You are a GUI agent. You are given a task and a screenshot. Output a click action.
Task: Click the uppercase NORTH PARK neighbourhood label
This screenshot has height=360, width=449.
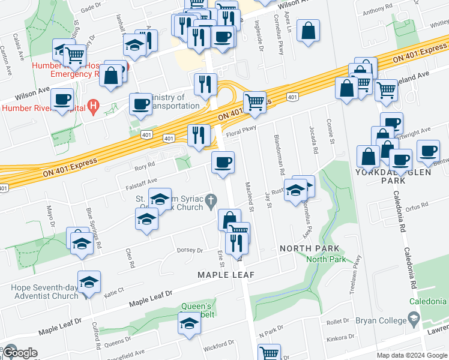pyautogui.click(x=310, y=248)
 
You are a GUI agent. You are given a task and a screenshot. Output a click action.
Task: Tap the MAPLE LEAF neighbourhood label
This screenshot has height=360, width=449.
pyautogui.click(x=227, y=275)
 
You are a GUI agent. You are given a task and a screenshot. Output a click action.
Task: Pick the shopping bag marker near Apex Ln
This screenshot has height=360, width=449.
pyautogui.click(x=308, y=32)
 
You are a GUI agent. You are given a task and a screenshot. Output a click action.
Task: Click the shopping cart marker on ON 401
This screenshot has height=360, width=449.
pyautogui.click(x=255, y=103)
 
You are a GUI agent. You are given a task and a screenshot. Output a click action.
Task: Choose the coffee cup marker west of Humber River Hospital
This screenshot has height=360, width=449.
pyautogui.click(x=61, y=100)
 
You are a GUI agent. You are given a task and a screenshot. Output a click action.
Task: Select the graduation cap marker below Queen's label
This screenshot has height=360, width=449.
pyautogui.click(x=190, y=324)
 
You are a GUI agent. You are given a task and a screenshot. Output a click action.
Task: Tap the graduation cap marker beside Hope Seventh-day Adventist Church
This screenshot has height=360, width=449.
pyautogui.click(x=89, y=282)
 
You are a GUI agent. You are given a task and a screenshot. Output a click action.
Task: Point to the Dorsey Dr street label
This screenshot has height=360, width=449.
pyautogui.click(x=190, y=250)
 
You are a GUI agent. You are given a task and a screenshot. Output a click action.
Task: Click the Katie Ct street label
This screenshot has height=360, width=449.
pyautogui.click(x=113, y=291)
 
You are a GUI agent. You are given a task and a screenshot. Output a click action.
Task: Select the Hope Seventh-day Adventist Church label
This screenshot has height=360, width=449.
pyautogui.click(x=44, y=292)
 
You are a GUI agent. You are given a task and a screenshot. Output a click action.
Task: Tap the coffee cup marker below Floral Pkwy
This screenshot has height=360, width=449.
pyautogui.click(x=223, y=163)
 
